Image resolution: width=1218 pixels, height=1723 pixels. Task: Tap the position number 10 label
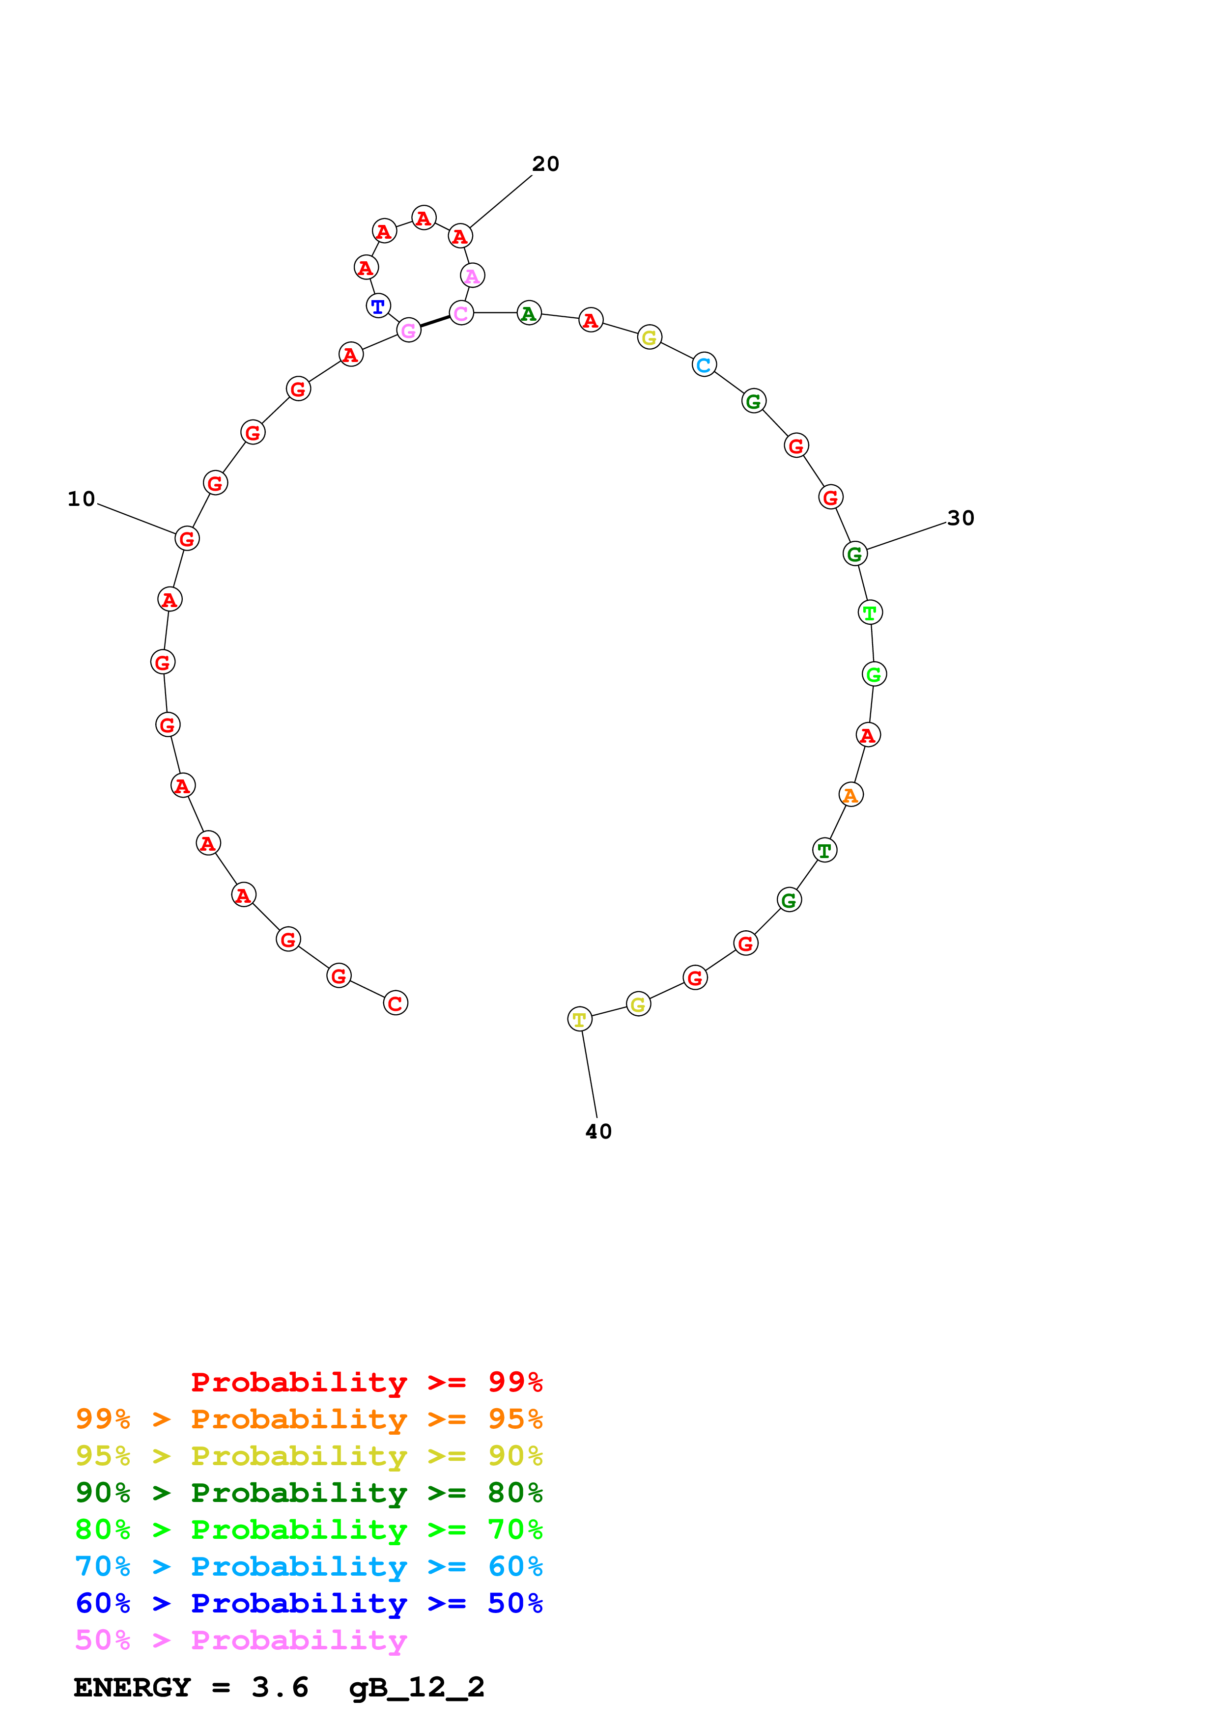[81, 499]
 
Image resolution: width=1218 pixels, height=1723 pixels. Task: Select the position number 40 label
[598, 1131]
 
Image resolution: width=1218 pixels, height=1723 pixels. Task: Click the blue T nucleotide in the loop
[378, 306]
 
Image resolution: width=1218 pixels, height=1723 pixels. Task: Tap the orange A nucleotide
[850, 795]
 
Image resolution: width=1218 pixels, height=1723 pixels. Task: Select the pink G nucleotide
[408, 330]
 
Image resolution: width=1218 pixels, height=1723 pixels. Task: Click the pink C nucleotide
[461, 313]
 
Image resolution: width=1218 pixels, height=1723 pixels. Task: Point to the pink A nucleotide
[472, 276]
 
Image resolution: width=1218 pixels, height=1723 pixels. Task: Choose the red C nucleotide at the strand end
[396, 1003]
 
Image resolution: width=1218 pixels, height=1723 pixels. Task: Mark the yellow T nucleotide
[579, 1019]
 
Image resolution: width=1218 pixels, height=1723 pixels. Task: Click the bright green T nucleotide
[870, 612]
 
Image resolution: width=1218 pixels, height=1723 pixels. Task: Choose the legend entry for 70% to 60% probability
[309, 1566]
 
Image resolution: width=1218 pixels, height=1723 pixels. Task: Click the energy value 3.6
[280, 1688]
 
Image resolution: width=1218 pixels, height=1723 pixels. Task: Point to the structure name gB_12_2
[417, 1688]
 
